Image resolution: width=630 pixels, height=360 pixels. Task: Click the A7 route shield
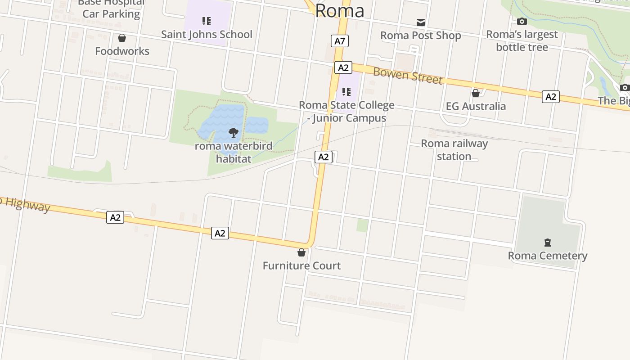(340, 41)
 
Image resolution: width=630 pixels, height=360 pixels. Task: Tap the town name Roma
(339, 11)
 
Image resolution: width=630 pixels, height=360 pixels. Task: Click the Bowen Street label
(408, 75)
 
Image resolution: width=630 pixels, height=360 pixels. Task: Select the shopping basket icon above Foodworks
(121, 38)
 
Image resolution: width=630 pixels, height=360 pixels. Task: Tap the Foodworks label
(122, 51)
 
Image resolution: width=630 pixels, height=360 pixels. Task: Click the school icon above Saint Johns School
(207, 21)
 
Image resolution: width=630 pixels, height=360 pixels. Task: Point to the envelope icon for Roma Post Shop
(421, 22)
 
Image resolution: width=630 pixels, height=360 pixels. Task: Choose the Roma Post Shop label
(420, 36)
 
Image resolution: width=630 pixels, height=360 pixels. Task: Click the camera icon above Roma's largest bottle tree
(522, 21)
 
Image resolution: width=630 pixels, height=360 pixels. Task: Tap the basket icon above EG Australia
(476, 93)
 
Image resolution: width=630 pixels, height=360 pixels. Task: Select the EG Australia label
(476, 106)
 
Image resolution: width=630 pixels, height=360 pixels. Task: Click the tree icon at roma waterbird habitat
(233, 132)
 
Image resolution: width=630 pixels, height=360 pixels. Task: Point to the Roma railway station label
(454, 150)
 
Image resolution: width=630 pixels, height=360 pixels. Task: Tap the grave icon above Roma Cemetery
(548, 243)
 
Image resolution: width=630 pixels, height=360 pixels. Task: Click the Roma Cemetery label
(548, 256)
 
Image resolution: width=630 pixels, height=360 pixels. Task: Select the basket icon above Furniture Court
(301, 252)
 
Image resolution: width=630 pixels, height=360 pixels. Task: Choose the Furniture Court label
(301, 265)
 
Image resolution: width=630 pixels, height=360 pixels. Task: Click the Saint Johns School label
(207, 34)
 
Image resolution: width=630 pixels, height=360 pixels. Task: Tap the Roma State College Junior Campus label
(346, 112)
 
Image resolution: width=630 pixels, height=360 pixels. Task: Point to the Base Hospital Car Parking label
(111, 8)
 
